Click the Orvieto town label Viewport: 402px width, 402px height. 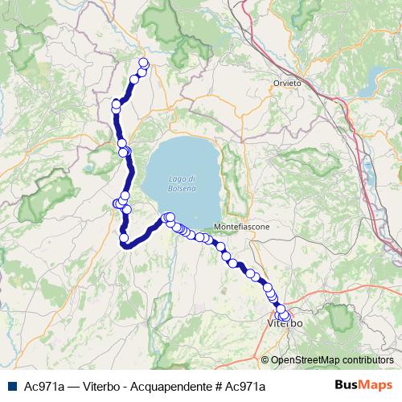pos(287,83)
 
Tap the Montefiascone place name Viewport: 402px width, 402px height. pos(242,228)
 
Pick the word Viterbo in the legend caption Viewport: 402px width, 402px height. pos(103,385)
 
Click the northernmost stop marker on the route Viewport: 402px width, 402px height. pos(144,63)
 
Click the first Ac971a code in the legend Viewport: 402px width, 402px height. pos(44,385)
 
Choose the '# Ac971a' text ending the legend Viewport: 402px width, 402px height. pos(240,385)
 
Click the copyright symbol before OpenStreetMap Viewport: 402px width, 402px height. pos(265,359)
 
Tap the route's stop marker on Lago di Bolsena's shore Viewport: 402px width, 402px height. pos(170,217)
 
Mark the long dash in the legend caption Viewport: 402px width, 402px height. pos(74,385)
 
